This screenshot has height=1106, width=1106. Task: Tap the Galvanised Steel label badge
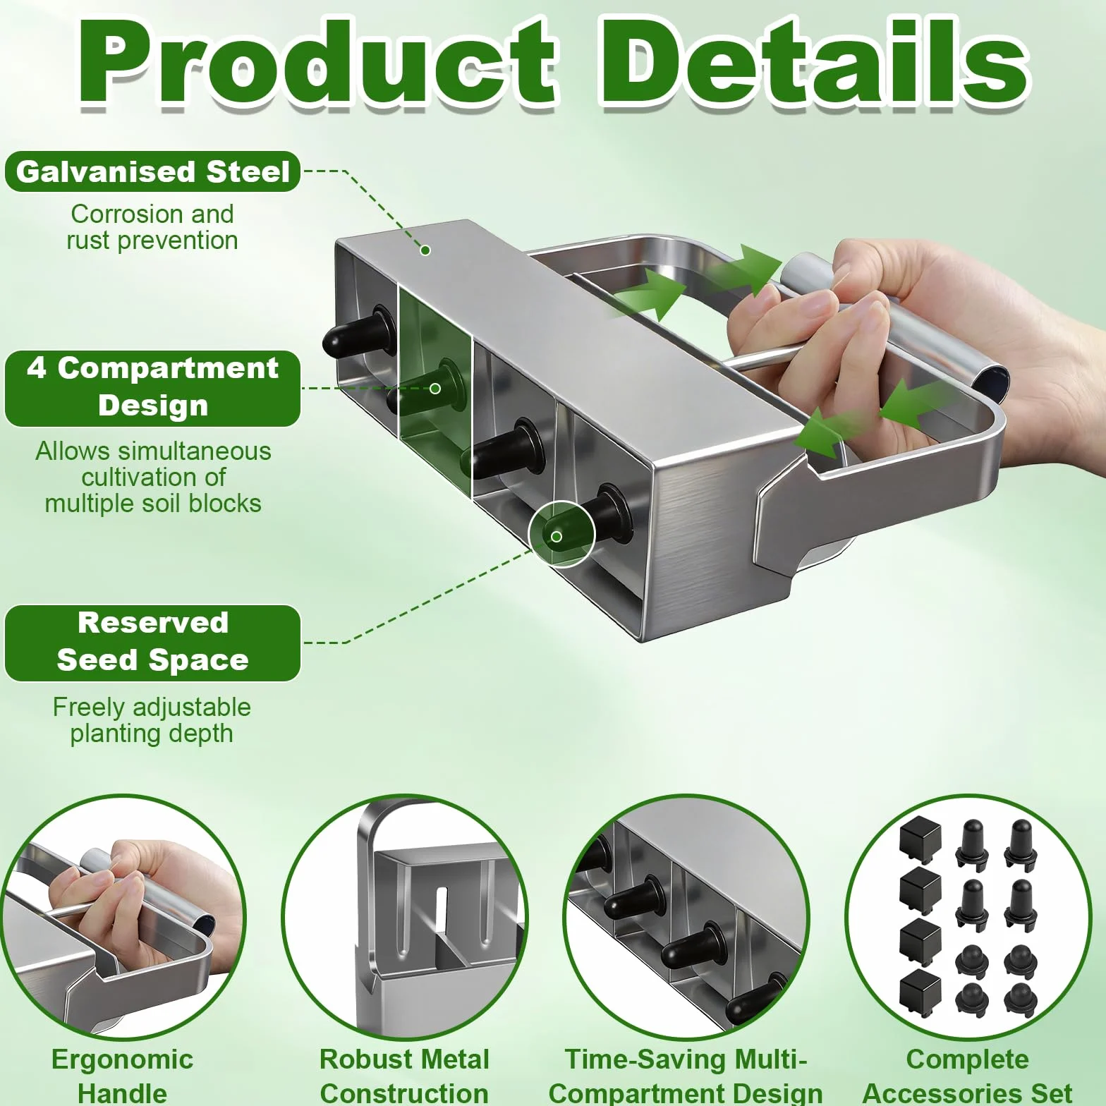tap(153, 171)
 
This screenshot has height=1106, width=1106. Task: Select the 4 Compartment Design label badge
tap(153, 388)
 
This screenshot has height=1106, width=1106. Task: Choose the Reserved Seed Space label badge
tap(153, 643)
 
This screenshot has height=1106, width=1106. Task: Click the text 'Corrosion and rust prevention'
tap(152, 227)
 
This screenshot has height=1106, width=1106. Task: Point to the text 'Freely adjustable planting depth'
tap(152, 720)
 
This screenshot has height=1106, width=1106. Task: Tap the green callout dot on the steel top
tap(425, 250)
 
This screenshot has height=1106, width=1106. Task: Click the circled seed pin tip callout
tap(562, 534)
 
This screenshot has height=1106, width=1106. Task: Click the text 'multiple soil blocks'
tap(153, 504)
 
